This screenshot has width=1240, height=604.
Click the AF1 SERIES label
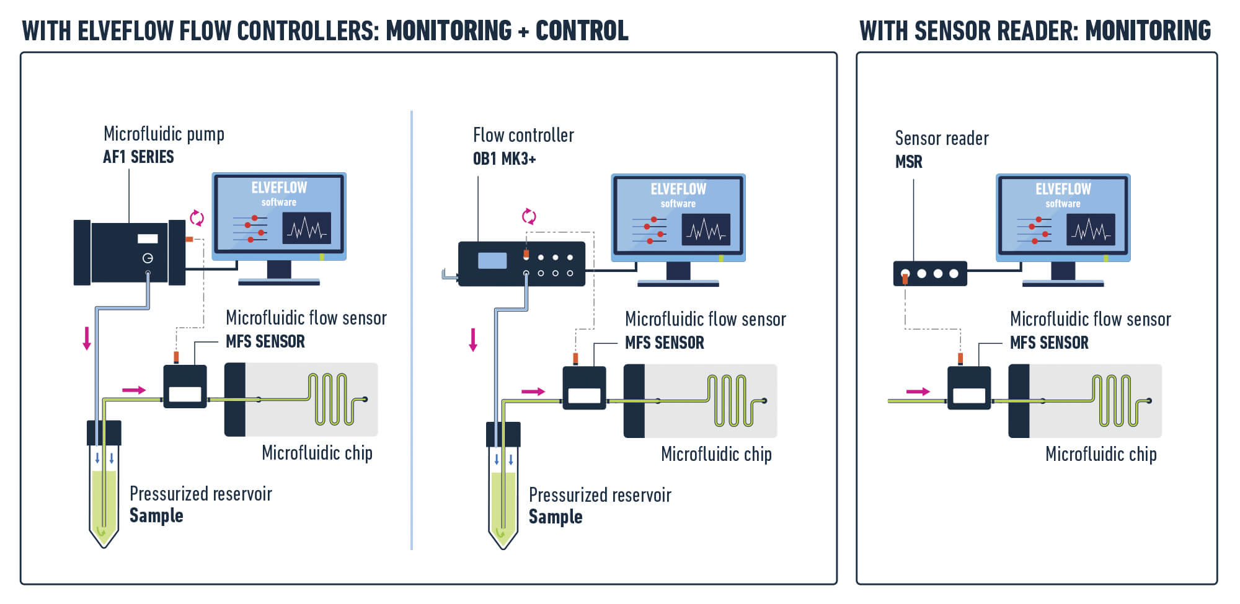click(138, 157)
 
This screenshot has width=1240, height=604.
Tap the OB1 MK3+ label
click(504, 159)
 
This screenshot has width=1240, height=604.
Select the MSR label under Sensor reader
click(908, 162)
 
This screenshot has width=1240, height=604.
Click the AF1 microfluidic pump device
click(129, 253)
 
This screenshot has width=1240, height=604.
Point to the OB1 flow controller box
click(521, 264)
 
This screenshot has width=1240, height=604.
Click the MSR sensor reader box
click(929, 273)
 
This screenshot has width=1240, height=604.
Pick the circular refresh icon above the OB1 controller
click(529, 216)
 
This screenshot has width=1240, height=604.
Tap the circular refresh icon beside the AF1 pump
click(197, 217)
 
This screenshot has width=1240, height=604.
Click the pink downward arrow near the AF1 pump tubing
click(87, 338)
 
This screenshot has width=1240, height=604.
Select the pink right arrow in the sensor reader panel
click(918, 392)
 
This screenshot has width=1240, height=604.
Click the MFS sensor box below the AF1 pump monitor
click(185, 387)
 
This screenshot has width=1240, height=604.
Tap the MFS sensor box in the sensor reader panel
click(968, 388)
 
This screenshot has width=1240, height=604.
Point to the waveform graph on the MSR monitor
click(1091, 230)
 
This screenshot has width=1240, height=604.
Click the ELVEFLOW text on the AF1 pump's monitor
click(279, 188)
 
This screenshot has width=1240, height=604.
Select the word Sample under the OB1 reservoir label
click(556, 517)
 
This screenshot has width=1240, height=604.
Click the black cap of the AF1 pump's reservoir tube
click(104, 432)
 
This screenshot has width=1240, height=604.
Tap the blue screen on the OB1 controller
click(492, 260)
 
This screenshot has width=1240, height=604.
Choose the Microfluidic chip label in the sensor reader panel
click(1101, 454)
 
